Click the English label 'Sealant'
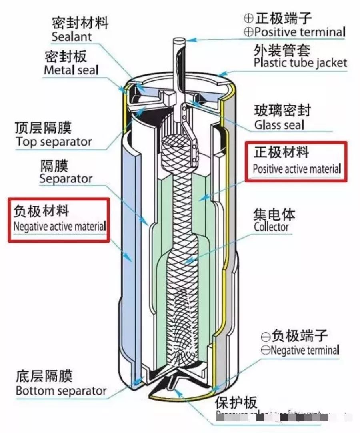pyautogui.click(x=72, y=37)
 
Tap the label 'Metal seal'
pyautogui.click(x=71, y=70)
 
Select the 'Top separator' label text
pyautogui.click(x=54, y=142)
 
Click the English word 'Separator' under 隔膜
pyautogui.click(x=66, y=178)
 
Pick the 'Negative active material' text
pyautogui.click(x=60, y=227)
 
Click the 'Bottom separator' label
pyautogui.click(x=61, y=391)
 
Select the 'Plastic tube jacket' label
pyautogui.click(x=300, y=63)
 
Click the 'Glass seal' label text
pyautogui.click(x=279, y=125)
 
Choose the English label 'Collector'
pyautogui.click(x=271, y=227)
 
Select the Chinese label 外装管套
pyautogui.click(x=282, y=50)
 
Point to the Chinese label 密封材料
pyautogui.click(x=80, y=22)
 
